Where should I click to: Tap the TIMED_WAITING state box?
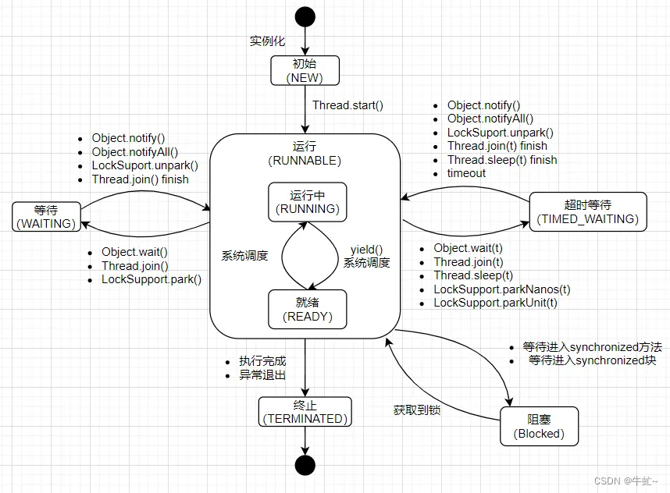click(x=587, y=211)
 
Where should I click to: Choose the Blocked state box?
click(x=539, y=426)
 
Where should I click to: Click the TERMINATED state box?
click(x=305, y=411)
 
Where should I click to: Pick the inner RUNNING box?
click(x=306, y=201)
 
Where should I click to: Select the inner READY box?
click(x=306, y=310)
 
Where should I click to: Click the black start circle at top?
click(x=305, y=16)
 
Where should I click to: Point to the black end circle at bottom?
click(x=305, y=465)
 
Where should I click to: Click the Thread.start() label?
click(x=347, y=105)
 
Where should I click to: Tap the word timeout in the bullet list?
click(x=466, y=172)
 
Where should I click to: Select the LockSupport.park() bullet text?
click(x=151, y=278)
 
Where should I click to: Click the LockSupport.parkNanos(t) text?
click(x=501, y=289)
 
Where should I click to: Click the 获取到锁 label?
click(x=416, y=409)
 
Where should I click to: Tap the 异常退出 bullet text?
click(x=262, y=374)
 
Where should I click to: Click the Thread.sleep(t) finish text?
click(x=502, y=159)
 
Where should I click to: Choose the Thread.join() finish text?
click(x=140, y=179)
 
